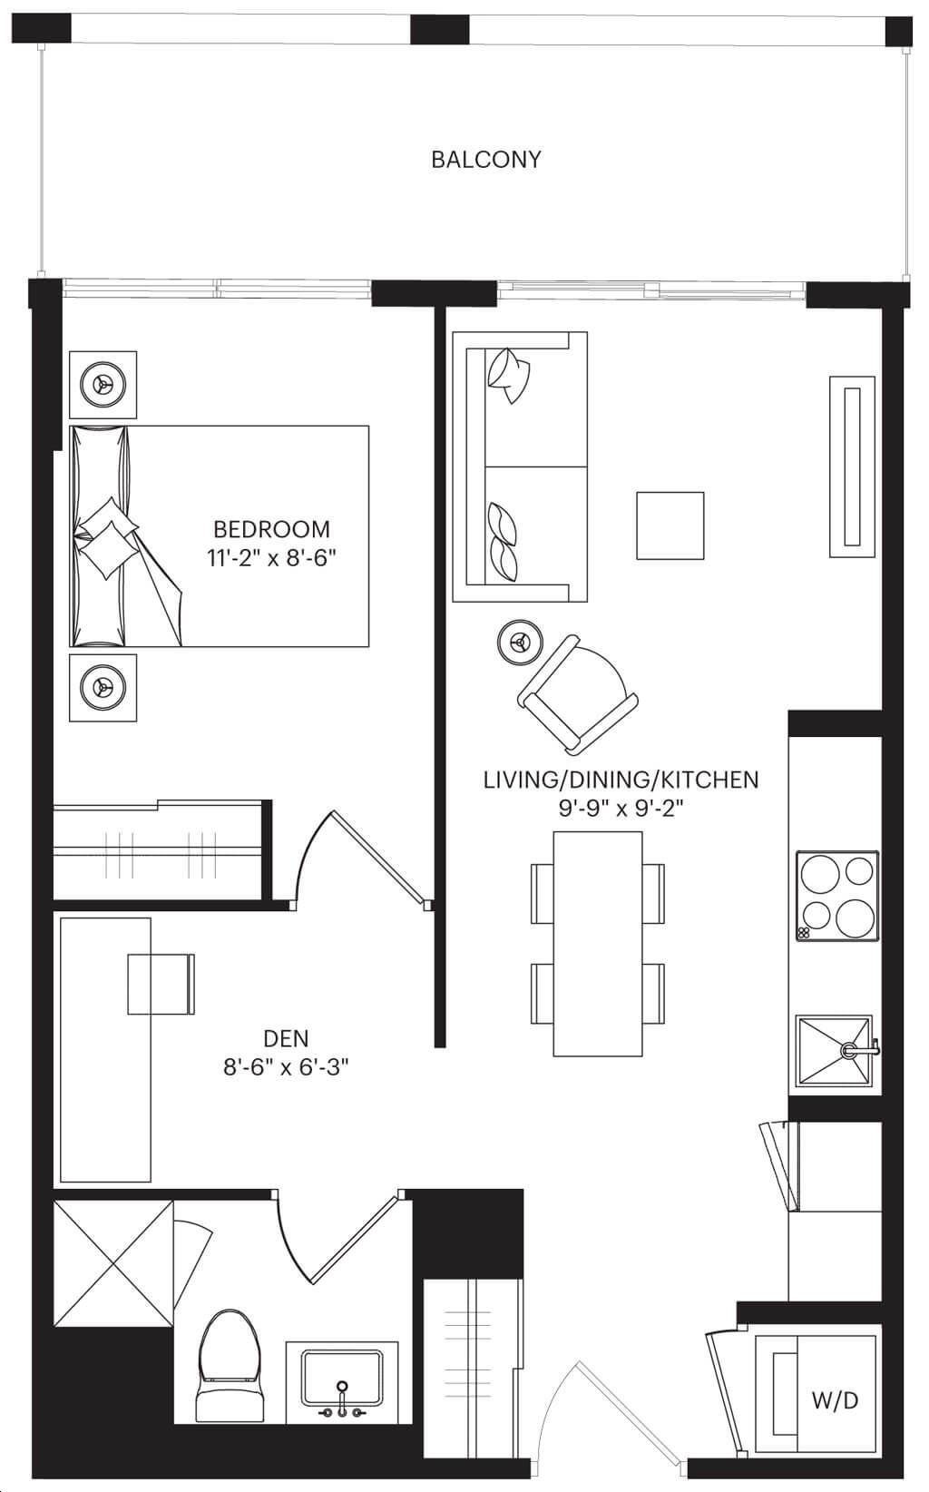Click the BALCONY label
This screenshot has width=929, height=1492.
486,160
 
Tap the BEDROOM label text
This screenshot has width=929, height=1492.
271,529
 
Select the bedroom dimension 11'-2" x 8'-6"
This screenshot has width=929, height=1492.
271,557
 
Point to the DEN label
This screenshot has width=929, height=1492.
286,1038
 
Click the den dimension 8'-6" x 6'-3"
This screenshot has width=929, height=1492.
287,1067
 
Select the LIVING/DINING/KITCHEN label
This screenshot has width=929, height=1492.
621,780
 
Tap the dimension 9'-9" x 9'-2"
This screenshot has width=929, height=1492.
621,809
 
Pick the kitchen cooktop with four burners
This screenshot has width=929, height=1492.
837,896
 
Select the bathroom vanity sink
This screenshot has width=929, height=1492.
342,1378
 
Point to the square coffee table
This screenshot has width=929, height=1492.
670,525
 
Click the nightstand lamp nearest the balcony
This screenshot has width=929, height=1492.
103,384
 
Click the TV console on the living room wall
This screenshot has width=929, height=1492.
852,466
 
